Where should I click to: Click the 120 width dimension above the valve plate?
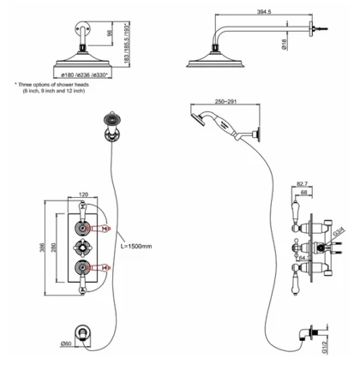(83, 194)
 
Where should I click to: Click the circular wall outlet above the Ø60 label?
(84, 331)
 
